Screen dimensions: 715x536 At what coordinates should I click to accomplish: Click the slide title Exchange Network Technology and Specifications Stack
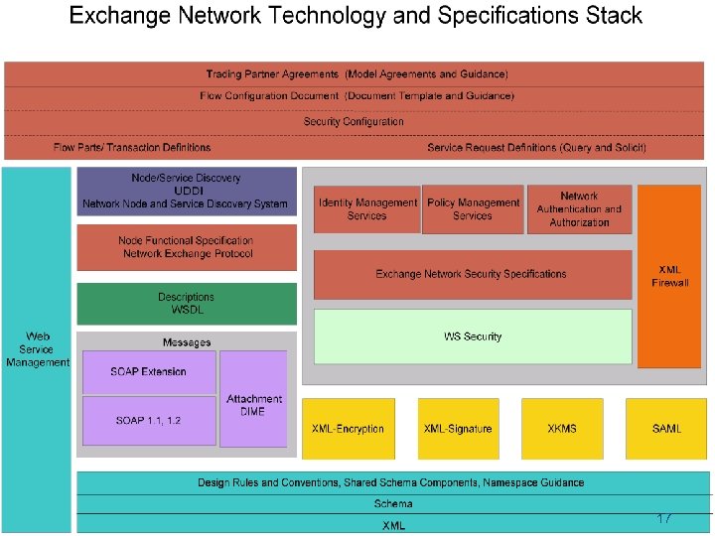click(356, 17)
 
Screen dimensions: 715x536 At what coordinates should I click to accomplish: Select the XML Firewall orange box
click(669, 276)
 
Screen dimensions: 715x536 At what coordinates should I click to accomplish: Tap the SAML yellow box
click(666, 429)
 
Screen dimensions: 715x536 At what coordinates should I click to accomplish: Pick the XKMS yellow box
click(561, 429)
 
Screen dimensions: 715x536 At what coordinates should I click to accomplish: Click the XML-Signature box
click(457, 429)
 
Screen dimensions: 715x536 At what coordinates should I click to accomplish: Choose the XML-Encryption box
click(348, 429)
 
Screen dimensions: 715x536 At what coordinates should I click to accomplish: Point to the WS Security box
click(473, 336)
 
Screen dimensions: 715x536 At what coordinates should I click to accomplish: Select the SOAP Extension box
click(148, 371)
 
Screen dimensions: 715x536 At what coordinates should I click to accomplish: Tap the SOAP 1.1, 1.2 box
click(148, 421)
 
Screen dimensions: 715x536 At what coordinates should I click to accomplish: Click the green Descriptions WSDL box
click(187, 304)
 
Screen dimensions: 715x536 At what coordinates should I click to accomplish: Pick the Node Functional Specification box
click(187, 247)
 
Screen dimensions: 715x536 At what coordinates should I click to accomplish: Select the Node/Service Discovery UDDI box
click(187, 191)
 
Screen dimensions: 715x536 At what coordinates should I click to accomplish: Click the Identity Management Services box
click(366, 209)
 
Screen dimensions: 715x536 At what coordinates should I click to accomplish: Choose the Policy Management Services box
click(473, 209)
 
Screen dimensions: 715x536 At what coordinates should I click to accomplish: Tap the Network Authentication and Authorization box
click(579, 209)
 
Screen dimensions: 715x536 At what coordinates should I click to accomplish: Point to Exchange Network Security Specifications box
click(472, 274)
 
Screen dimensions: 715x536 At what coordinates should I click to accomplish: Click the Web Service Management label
click(38, 349)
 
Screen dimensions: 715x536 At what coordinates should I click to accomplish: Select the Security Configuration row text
click(354, 122)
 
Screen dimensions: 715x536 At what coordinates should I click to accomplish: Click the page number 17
click(664, 519)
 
